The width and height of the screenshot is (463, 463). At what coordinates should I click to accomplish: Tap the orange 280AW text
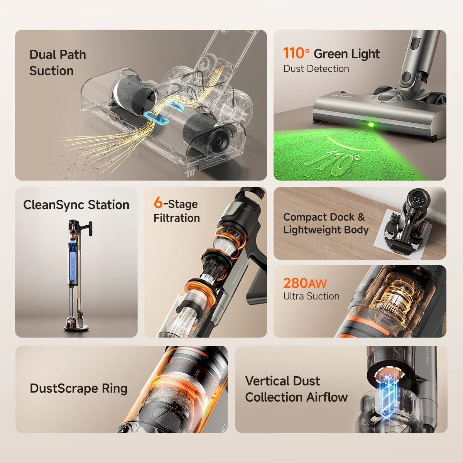coord(305,283)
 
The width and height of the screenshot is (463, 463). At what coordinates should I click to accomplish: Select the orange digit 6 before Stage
coord(158,202)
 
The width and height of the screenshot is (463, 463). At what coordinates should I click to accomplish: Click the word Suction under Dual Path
coord(51,71)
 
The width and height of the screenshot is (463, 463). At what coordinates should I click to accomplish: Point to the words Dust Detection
coord(316,69)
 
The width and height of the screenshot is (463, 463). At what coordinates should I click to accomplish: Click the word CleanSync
coord(54,205)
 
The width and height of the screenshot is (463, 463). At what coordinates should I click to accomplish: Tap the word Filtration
coord(177,218)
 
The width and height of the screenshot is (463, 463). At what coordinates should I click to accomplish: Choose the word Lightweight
coord(311,230)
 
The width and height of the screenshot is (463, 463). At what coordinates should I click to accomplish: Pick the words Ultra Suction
coord(311,296)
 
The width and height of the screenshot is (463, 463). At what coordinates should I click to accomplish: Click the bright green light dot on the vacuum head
coord(372,125)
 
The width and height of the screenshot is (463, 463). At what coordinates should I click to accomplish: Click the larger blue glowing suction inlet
coord(156,118)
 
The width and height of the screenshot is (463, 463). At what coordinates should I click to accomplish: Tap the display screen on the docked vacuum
coord(419,200)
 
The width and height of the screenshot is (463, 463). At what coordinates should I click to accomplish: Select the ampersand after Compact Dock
coord(361,217)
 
